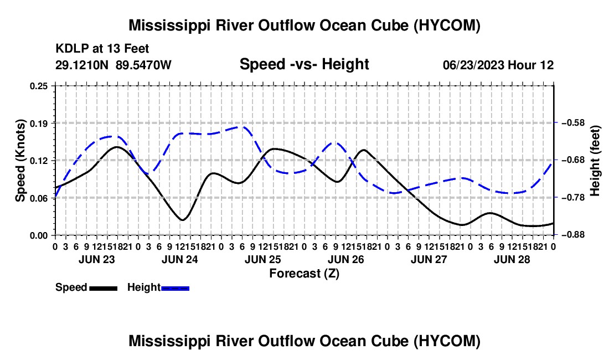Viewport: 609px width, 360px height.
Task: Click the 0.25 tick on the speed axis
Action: pos(38,86)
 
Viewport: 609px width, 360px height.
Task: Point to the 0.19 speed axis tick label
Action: pos(38,123)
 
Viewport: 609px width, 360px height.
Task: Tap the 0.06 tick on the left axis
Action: pos(38,198)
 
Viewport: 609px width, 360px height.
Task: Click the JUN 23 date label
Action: pos(97,259)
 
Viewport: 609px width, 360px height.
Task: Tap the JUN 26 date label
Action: pos(345,259)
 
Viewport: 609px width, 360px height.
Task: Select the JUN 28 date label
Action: pos(512,259)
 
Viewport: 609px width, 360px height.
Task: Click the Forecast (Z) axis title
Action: pos(304,274)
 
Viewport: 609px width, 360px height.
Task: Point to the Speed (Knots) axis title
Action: pos(20,161)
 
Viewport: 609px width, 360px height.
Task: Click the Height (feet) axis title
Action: pos(595,161)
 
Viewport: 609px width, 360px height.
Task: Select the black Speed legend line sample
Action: pos(104,288)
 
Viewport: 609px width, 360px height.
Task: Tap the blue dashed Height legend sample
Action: pos(175,288)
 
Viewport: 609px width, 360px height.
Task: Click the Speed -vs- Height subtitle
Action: pos(304,64)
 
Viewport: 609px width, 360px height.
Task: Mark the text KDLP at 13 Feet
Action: pos(102,49)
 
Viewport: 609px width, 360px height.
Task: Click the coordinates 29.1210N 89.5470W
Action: pos(113,65)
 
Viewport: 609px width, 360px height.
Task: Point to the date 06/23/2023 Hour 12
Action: pos(498,65)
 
